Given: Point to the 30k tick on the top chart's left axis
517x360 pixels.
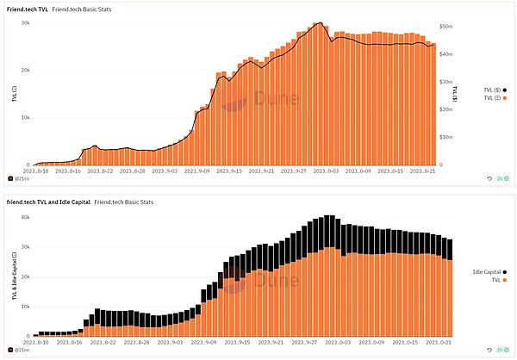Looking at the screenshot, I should tap(26, 23).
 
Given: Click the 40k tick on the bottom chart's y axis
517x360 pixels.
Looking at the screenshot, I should tap(27, 216).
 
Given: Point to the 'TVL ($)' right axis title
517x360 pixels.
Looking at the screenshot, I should tap(455, 92).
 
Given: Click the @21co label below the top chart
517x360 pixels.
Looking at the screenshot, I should tap(23, 178).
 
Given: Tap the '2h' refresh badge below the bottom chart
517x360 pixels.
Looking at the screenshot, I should tap(500, 351).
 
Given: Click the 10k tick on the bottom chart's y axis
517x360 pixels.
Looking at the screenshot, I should tap(27, 306).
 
